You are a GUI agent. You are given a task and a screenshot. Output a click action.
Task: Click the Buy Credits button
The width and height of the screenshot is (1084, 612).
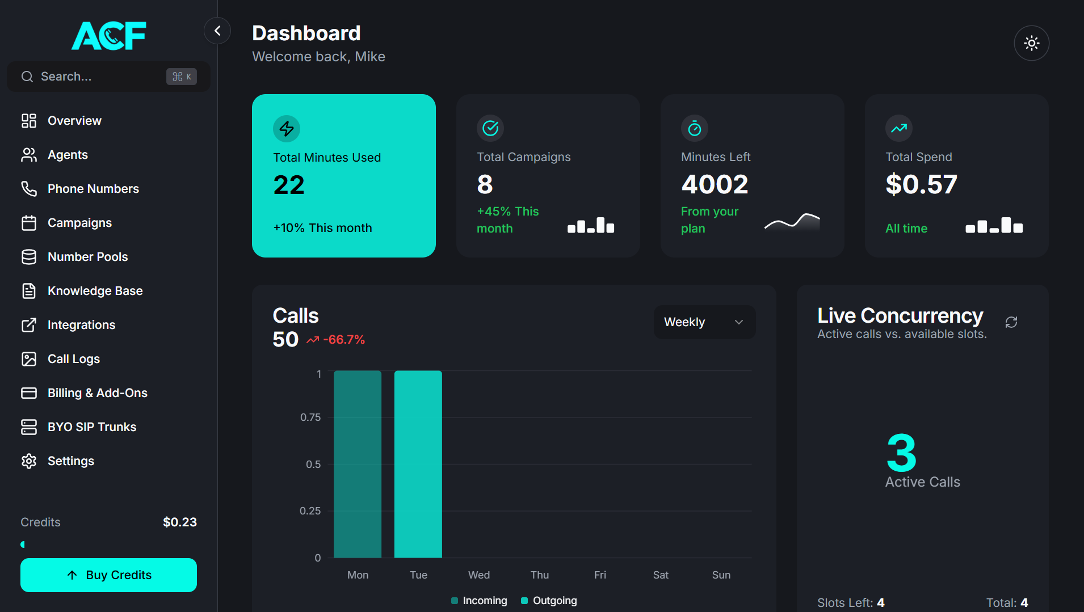(x=108, y=575)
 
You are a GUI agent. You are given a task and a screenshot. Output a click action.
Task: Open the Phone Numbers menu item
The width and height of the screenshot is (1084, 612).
(x=93, y=188)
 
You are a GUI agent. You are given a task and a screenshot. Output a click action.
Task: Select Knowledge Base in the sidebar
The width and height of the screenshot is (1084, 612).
(x=95, y=290)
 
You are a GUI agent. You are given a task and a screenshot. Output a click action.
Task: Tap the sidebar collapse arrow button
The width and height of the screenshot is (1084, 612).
(x=217, y=31)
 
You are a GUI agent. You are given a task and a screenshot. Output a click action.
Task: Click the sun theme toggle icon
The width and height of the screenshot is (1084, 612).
(x=1031, y=43)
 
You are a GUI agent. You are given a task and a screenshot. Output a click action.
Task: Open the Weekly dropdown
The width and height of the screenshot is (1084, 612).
(x=704, y=322)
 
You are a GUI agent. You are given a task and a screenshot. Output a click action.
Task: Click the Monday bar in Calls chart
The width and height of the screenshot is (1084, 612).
(x=358, y=464)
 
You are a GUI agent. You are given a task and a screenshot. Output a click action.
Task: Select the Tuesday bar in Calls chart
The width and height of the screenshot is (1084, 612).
(x=418, y=464)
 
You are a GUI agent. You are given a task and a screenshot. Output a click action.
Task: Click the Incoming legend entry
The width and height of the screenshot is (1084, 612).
(x=479, y=600)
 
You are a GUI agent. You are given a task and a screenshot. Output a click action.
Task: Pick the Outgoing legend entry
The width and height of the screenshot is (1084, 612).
(x=549, y=600)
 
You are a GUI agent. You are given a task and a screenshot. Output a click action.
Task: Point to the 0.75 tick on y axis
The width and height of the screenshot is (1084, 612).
(x=310, y=417)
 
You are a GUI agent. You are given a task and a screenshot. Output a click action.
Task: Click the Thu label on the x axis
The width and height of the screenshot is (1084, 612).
(x=540, y=575)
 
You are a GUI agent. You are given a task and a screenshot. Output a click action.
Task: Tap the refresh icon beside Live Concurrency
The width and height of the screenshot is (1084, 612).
(x=1011, y=322)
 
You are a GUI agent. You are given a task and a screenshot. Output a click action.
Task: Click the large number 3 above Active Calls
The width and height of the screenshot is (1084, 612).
(x=901, y=453)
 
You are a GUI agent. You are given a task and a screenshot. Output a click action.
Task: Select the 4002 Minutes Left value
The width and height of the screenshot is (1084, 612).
(x=715, y=184)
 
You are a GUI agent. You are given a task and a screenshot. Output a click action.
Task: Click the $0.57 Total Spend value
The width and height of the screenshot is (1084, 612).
(x=921, y=184)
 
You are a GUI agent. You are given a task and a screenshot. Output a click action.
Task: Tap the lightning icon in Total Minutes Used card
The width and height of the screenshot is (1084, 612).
(x=287, y=129)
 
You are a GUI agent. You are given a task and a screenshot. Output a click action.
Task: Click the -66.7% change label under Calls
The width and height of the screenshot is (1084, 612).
(x=343, y=340)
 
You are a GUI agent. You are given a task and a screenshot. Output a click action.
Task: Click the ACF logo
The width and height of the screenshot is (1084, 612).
(x=108, y=35)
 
